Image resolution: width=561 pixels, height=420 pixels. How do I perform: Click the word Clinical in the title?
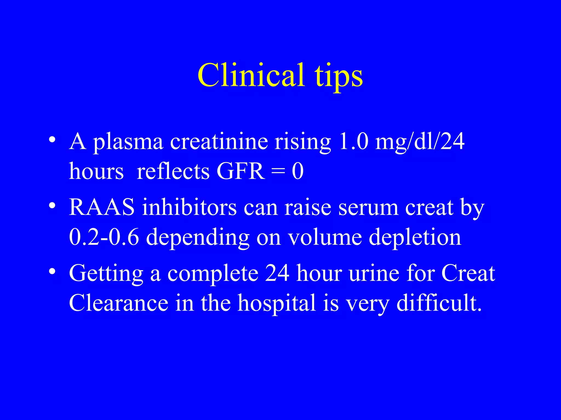point(251,75)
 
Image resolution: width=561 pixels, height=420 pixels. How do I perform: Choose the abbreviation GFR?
point(241,171)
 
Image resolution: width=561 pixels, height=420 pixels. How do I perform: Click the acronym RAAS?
point(102,207)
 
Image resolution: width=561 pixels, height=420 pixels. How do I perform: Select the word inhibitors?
point(189,207)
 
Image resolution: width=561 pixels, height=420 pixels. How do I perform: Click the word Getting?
point(106,274)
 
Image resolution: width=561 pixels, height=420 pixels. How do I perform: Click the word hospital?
point(277,304)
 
